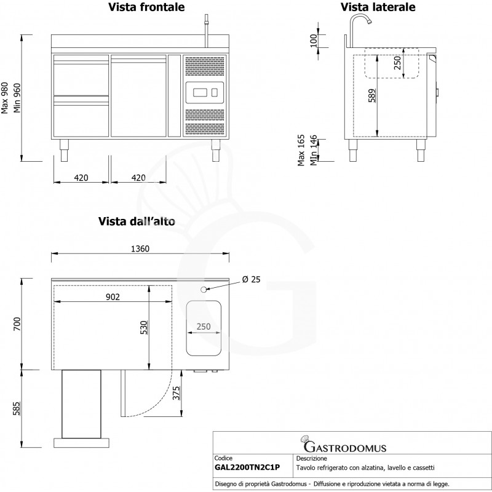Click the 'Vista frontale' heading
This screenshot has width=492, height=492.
[x=146, y=7]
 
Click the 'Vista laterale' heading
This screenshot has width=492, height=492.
[x=379, y=7]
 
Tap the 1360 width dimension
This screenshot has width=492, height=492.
[x=140, y=249]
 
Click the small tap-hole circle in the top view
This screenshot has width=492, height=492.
[x=205, y=289]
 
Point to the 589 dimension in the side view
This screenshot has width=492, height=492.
[x=371, y=97]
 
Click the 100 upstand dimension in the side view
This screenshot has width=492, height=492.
[x=314, y=41]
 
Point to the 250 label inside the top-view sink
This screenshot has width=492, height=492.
[x=205, y=327]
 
